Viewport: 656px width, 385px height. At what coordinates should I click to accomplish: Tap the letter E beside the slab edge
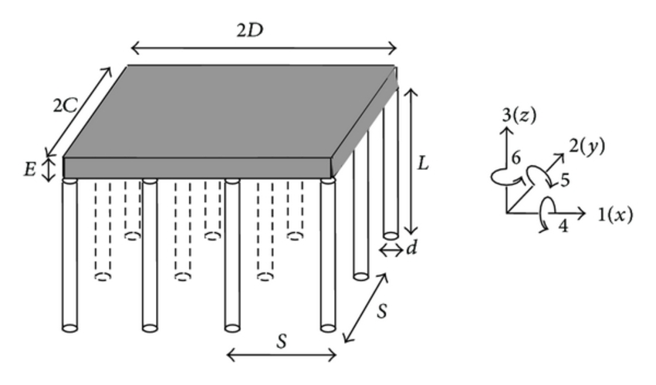point(29,168)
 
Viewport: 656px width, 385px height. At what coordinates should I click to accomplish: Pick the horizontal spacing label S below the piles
point(282,342)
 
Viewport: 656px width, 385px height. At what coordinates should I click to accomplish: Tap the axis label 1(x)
point(614,214)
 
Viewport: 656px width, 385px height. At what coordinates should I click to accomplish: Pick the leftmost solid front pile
point(69,255)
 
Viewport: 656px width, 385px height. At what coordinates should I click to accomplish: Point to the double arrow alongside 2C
point(78,112)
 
